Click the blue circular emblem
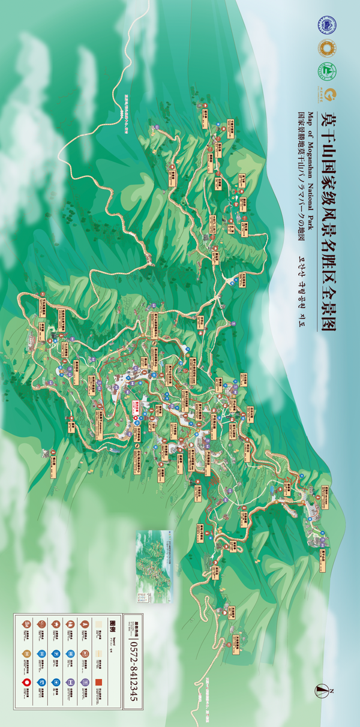(x=327, y=25)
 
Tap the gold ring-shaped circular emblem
(x=327, y=47)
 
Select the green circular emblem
(x=327, y=71)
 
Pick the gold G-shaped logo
(x=327, y=94)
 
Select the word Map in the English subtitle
(x=310, y=118)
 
